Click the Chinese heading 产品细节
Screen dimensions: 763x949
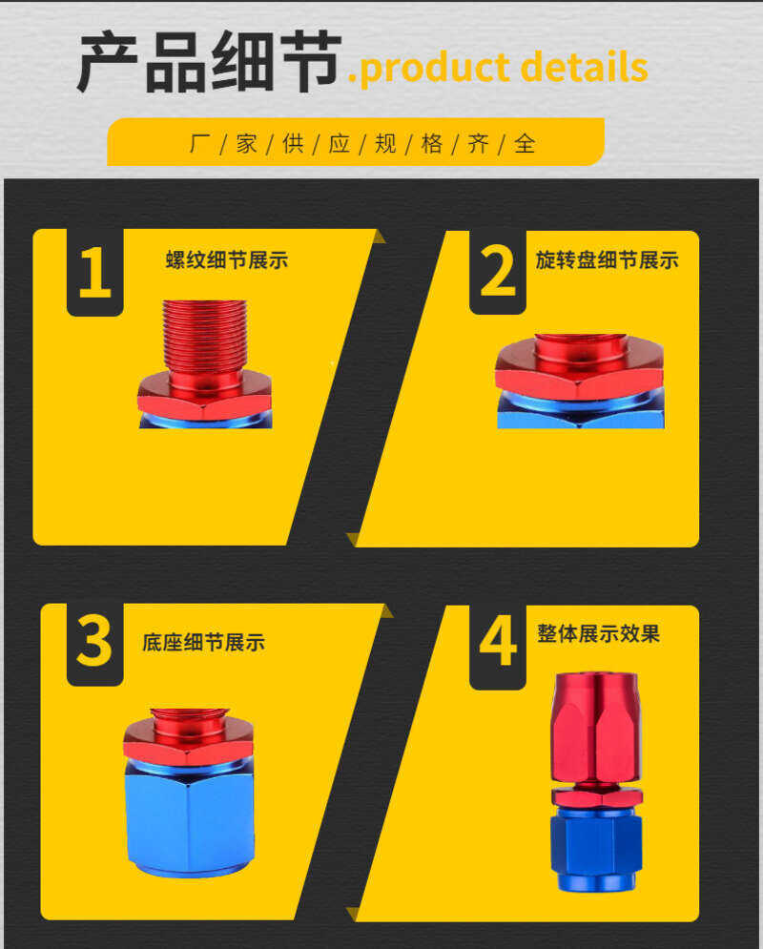(x=210, y=62)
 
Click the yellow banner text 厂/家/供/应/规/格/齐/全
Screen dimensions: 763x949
(x=361, y=143)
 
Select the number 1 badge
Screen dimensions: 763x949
(x=95, y=272)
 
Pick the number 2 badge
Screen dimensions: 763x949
(x=497, y=272)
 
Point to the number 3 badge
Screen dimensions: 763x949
(x=95, y=644)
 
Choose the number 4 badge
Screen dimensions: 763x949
(x=497, y=646)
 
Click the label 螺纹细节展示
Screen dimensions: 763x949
(x=227, y=260)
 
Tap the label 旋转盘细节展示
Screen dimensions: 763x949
(x=607, y=260)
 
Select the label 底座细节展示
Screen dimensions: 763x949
(x=203, y=642)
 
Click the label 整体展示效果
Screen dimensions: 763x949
(x=598, y=633)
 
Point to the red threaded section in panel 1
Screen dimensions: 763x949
(x=204, y=337)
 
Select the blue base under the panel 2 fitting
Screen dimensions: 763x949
(x=580, y=411)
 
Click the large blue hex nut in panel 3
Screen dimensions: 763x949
(x=190, y=816)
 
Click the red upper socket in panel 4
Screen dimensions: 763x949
(x=596, y=726)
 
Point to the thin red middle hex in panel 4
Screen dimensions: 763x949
(x=597, y=796)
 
